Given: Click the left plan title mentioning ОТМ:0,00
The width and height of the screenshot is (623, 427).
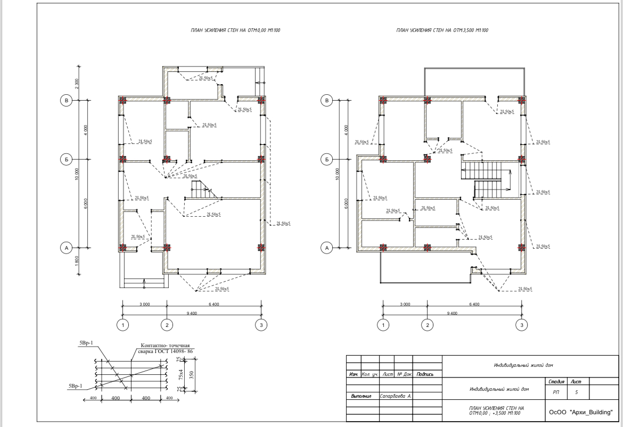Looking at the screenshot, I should click(x=235, y=31).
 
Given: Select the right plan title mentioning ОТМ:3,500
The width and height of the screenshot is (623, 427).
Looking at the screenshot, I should click(x=442, y=31).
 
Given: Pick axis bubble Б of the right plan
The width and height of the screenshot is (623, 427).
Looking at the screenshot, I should click(x=327, y=159).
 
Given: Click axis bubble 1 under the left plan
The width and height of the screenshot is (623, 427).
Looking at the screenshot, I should click(x=123, y=325).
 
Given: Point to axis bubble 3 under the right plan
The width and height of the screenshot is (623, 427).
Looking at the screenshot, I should click(x=522, y=325).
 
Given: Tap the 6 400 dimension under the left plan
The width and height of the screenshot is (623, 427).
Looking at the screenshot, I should click(x=214, y=304).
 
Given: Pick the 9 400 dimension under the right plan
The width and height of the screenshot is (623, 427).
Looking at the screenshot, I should click(x=452, y=313).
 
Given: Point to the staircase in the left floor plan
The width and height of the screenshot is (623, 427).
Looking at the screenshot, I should click(x=201, y=190).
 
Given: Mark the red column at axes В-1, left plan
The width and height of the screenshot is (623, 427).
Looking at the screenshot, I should click(x=123, y=100).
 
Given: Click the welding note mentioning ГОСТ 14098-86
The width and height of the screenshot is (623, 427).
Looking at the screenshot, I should click(x=165, y=349).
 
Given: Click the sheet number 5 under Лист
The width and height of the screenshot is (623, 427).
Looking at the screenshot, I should click(x=577, y=392).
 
